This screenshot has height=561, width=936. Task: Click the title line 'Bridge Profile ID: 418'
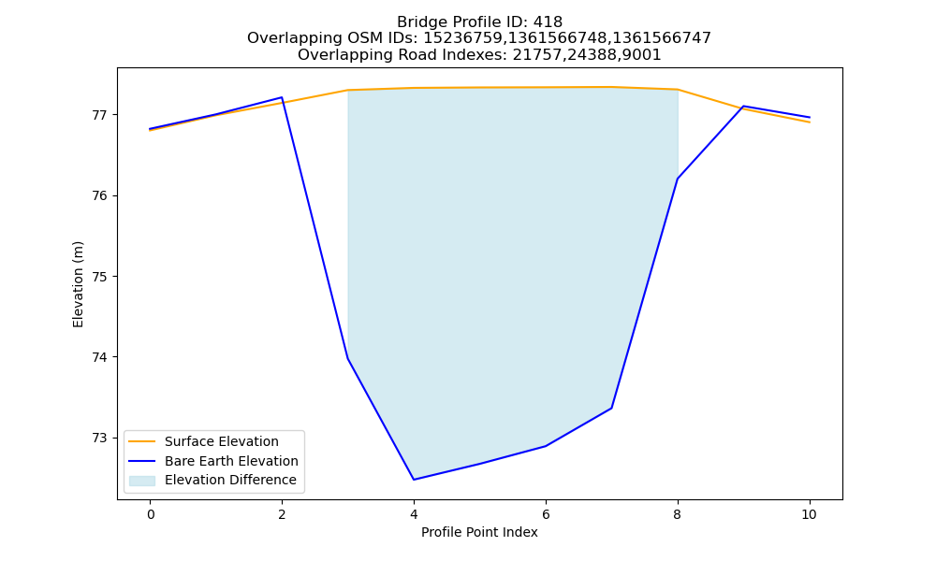pos(479,22)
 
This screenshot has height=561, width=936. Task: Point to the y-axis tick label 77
pos(100,114)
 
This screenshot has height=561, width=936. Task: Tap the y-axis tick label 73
pos(100,439)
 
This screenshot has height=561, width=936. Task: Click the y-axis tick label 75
pos(100,277)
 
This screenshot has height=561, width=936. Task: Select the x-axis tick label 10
pos(809,514)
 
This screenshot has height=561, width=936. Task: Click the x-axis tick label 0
pos(151,514)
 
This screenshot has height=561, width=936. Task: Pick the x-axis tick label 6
pos(546,514)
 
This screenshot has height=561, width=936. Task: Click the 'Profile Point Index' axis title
pos(479,532)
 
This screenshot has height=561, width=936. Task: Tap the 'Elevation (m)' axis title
pos(79,284)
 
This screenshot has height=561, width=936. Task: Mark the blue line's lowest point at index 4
pos(414,480)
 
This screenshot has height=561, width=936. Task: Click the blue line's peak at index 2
pos(282,97)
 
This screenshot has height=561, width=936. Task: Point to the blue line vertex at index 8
pos(678,179)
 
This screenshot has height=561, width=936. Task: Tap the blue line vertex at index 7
pos(612,408)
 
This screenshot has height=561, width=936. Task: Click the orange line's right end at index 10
pos(810,122)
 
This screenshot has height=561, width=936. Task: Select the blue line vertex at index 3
pos(347,358)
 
